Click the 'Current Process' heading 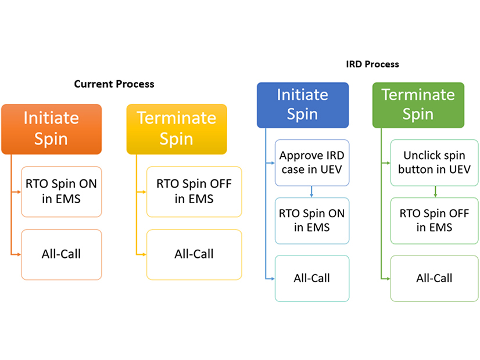click(x=114, y=84)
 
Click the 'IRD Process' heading click(x=371, y=64)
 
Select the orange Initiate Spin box click(x=51, y=129)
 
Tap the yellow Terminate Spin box click(x=177, y=129)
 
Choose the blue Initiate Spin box click(x=303, y=105)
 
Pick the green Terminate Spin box click(x=418, y=105)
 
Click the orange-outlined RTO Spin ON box click(x=62, y=192)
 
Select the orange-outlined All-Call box click(x=62, y=254)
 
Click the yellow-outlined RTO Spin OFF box click(x=194, y=192)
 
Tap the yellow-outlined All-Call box click(x=194, y=254)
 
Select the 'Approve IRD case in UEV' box click(x=312, y=163)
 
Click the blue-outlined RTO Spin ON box click(x=312, y=221)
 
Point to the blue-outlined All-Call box click(x=312, y=278)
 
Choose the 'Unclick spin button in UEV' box click(x=434, y=163)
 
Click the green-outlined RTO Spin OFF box click(x=434, y=221)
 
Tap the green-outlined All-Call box click(x=434, y=278)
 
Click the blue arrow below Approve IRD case click(x=312, y=192)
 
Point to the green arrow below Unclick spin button click(x=435, y=192)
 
